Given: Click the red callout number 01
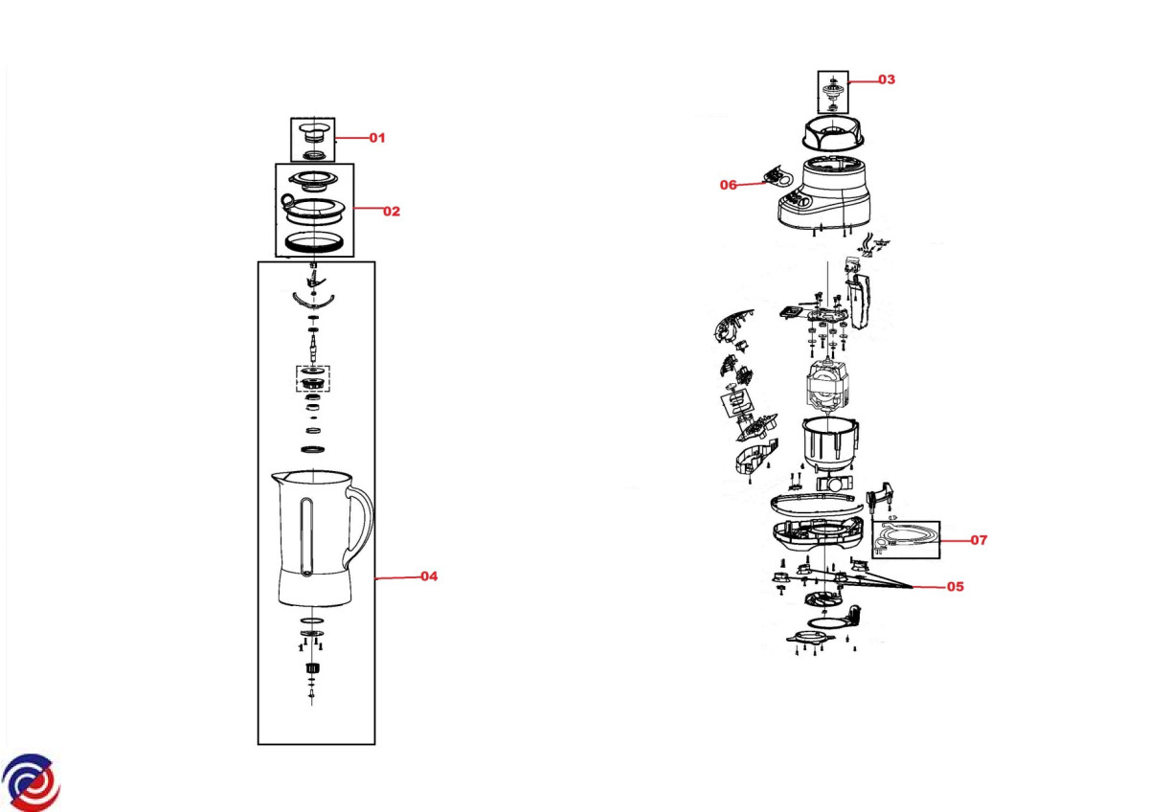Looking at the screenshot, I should [376, 138].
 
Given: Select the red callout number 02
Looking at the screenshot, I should [391, 211].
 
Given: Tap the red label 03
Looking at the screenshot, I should [886, 79].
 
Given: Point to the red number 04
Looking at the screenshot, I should [428, 576].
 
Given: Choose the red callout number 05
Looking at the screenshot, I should [954, 586].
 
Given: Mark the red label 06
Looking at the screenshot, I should [729, 185].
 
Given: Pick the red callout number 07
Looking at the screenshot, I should [978, 540].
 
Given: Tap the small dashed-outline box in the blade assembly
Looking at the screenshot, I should [312, 378].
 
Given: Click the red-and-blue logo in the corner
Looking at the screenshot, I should [31, 780].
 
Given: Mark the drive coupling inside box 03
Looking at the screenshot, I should [833, 92].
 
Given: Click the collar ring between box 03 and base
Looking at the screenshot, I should [832, 135].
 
